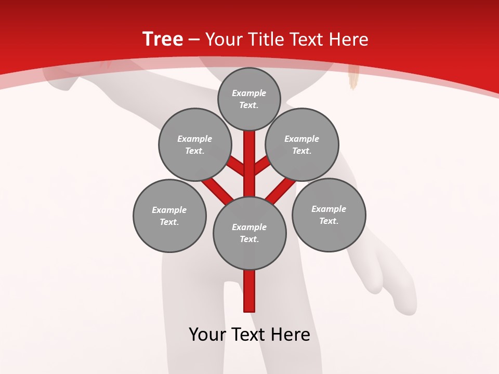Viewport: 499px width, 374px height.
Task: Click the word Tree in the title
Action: point(162,39)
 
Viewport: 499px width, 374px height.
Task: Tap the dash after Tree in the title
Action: point(194,40)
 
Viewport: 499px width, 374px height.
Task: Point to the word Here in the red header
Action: point(350,39)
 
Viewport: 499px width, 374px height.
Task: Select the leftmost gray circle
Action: point(169,216)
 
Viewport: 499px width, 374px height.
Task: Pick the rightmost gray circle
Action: point(329,215)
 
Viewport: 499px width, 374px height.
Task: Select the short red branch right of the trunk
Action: point(262,166)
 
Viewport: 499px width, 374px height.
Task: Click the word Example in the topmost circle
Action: point(249,94)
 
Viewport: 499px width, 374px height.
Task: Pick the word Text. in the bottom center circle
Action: point(249,239)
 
